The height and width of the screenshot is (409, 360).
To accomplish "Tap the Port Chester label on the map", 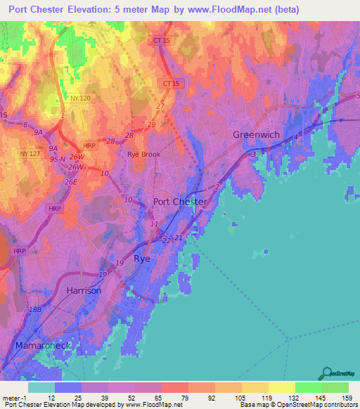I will (180, 202).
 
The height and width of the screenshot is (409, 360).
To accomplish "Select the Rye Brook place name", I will (143, 154).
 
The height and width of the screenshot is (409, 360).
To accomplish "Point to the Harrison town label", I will (84, 290).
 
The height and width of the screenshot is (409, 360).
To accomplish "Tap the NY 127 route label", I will (30, 153).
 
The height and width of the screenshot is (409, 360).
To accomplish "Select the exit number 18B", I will (35, 309).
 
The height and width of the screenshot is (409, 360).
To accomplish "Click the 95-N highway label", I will (57, 158).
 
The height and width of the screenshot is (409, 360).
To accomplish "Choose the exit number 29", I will (151, 124).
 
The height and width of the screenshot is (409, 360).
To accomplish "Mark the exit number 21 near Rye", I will (179, 238).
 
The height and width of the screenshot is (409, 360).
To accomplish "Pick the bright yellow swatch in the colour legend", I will (281, 387).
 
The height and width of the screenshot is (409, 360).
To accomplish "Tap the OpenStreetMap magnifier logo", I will (326, 373).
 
